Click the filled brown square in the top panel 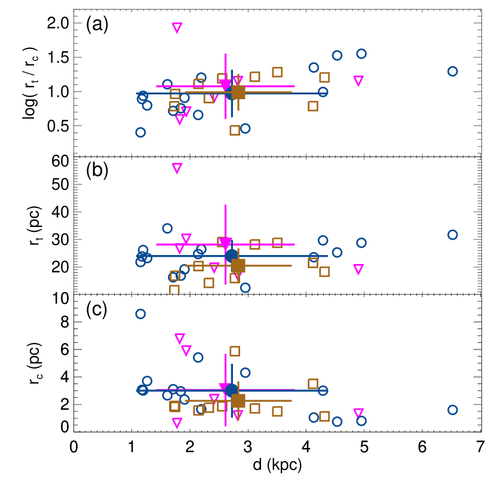coord(238,93)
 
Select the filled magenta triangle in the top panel coord(225,85)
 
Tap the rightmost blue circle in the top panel coord(453,72)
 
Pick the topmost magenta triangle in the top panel coord(177,27)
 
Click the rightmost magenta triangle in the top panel coord(358,81)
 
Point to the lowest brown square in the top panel coord(235,130)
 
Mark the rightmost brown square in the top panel coord(324,78)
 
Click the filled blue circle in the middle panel coord(232,256)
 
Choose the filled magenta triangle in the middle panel coord(225,243)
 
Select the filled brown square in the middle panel coord(238,266)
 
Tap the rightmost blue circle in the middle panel coord(453,235)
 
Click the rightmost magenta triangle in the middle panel coord(358,269)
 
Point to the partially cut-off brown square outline coord(174,290)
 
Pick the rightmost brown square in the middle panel coord(324,272)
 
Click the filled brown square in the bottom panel coord(238,401)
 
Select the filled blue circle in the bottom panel coord(232,391)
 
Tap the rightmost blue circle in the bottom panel coord(453,410)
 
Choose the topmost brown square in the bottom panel coord(235,351)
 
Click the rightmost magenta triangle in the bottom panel coord(358,413)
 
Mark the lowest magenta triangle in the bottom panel coord(177,423)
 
